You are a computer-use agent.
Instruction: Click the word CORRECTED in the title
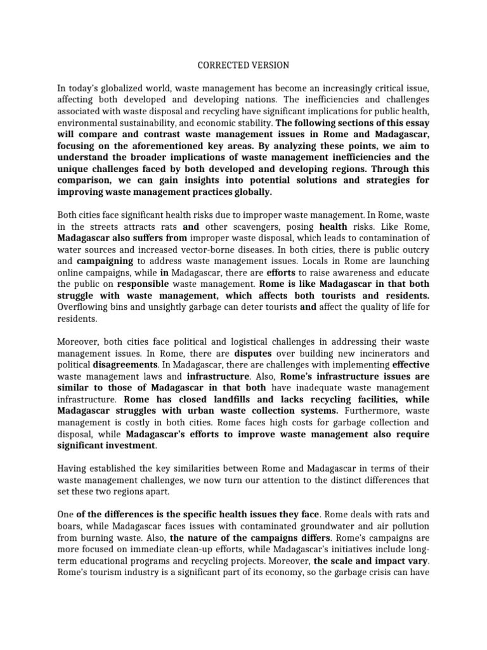(219, 65)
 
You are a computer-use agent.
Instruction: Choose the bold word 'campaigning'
(105, 260)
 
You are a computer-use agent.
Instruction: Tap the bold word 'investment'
(127, 444)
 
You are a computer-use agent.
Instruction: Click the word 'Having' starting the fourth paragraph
(72, 468)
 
